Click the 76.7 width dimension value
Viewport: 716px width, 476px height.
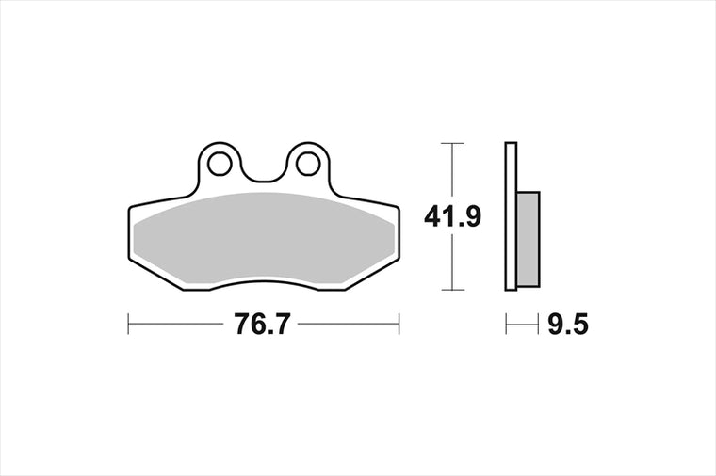(x=262, y=325)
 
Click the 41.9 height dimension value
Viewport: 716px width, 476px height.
(x=452, y=216)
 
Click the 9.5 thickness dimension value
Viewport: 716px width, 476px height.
(x=567, y=325)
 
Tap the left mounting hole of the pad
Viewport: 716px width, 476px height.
(x=220, y=164)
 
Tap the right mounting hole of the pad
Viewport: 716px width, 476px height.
(x=308, y=164)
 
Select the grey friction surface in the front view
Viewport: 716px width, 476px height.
(x=265, y=238)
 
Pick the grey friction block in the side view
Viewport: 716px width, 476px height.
(x=529, y=239)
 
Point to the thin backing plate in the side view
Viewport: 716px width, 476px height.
(x=511, y=216)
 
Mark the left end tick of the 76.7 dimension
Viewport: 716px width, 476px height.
(x=128, y=324)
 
